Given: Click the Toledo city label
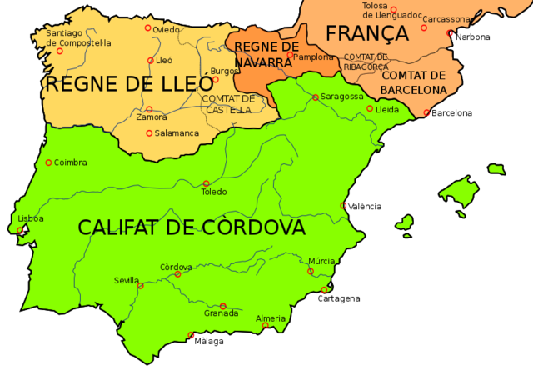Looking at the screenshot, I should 214,192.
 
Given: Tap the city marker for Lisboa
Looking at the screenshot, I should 21,231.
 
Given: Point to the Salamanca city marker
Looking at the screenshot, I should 149,133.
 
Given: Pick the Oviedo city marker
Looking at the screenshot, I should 148,28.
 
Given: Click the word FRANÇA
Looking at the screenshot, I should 366,34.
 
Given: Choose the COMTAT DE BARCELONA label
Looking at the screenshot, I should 413,81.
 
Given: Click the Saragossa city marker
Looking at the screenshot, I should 316,97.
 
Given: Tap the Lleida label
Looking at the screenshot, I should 387,110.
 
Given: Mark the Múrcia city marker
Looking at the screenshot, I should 311,271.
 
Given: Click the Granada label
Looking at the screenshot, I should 222,314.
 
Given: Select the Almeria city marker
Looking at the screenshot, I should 265,327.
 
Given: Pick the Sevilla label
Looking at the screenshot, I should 127,281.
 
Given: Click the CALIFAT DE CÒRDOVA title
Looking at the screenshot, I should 192,227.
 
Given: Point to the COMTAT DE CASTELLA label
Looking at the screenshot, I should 227,104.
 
